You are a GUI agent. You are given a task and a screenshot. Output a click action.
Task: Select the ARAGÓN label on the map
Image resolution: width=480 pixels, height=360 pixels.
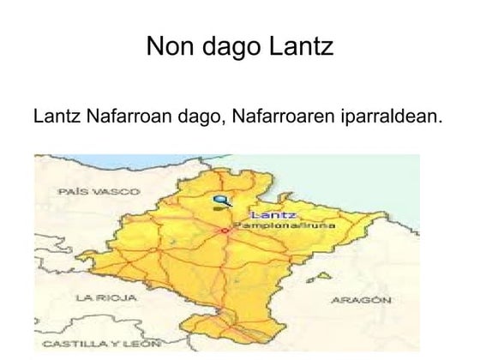[x=362, y=301]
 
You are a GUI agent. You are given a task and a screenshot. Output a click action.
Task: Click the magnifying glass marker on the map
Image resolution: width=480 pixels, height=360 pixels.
[x=220, y=202]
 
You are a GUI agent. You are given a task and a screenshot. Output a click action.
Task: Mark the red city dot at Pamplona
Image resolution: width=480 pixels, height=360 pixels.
[x=225, y=231]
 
